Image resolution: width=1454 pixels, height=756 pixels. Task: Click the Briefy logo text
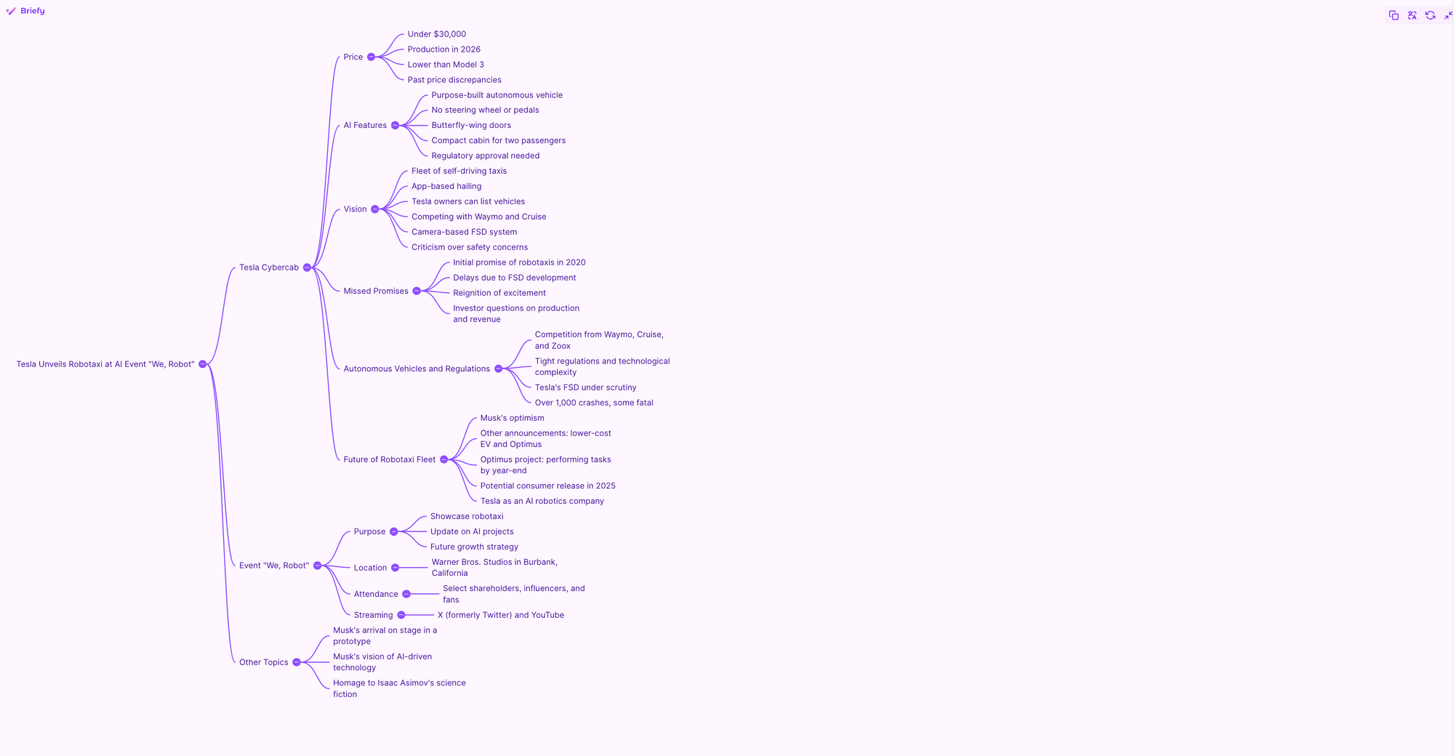[x=32, y=11]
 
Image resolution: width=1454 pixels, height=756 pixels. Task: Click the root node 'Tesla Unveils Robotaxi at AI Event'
[x=105, y=364]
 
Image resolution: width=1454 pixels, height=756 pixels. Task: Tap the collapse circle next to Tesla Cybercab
[x=307, y=268]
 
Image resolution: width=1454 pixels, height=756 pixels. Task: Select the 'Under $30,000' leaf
[x=436, y=34]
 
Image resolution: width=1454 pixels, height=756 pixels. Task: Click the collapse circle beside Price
[x=371, y=57]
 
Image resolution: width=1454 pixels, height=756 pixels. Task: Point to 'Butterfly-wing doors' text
[x=471, y=125]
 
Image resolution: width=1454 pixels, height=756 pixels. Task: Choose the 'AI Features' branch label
[x=365, y=125]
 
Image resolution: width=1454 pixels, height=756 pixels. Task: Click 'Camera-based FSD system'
[x=464, y=232]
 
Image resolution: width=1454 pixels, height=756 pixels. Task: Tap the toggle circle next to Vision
[x=374, y=209]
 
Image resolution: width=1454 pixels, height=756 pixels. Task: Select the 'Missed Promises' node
[x=376, y=291]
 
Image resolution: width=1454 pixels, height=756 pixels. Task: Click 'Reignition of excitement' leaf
[x=499, y=293]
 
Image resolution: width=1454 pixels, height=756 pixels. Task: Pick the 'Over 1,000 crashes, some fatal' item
[x=594, y=403]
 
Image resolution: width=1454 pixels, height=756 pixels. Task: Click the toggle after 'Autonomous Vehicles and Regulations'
[x=498, y=369]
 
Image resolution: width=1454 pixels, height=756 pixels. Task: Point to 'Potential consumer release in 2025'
[x=547, y=486]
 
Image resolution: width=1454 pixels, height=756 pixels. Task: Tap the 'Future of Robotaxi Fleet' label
[x=389, y=459]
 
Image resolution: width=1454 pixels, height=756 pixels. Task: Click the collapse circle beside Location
[x=395, y=568]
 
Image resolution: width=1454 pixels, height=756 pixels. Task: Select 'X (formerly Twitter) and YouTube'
[x=500, y=615]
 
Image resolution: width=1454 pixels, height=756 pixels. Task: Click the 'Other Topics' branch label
[x=264, y=662]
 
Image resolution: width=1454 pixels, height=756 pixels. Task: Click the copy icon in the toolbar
[x=1394, y=15]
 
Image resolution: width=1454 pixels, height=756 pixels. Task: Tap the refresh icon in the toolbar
[x=1430, y=15]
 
